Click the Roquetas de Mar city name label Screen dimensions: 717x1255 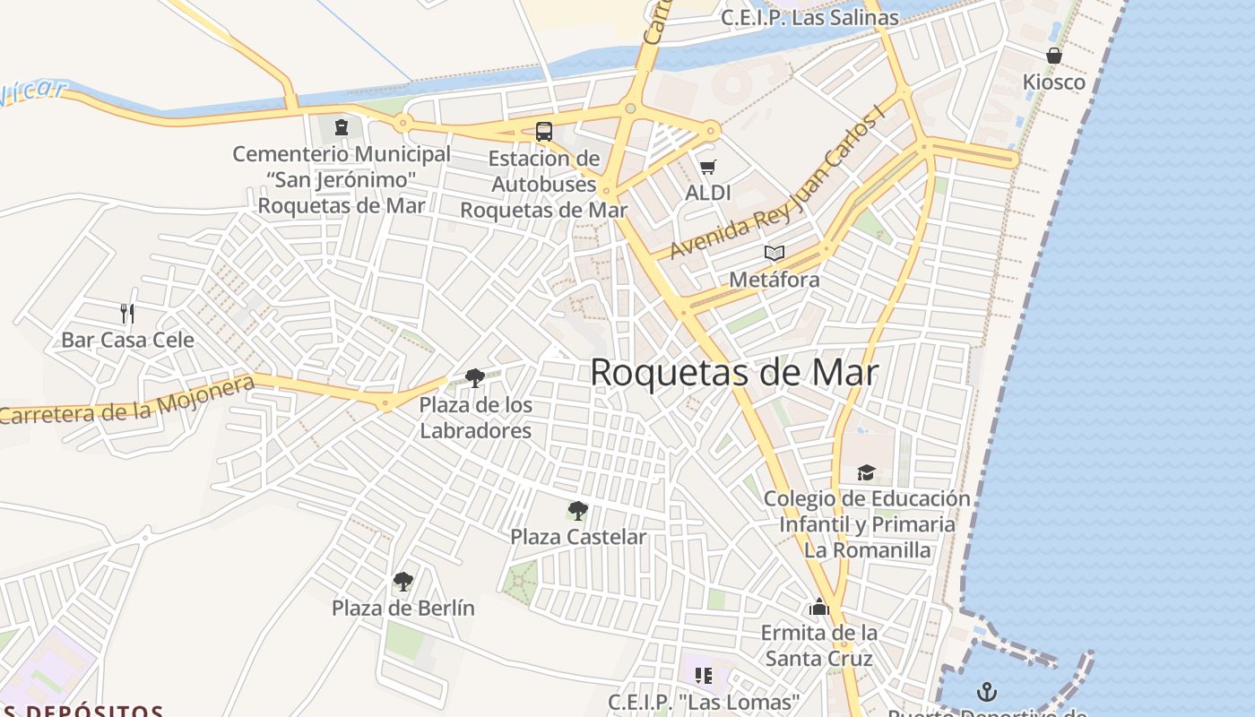click(733, 373)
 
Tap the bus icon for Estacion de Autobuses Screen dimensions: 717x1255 click(543, 132)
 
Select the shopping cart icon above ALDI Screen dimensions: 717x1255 click(708, 167)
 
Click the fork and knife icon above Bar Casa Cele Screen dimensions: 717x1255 click(127, 313)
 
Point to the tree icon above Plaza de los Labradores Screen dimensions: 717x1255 click(475, 378)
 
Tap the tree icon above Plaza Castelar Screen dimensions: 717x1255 click(578, 511)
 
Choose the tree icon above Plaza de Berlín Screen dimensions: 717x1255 click(403, 582)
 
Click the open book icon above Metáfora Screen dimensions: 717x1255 click(775, 254)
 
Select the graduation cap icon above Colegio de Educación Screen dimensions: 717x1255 click(866, 472)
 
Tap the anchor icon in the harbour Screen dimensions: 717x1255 click(986, 692)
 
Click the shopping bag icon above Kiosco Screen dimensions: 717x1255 click(1054, 56)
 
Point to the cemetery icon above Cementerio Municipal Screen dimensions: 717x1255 click(342, 127)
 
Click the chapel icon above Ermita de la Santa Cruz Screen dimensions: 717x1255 click(818, 607)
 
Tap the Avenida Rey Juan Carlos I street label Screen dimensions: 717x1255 click(776, 186)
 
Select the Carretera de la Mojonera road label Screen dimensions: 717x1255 click(127, 400)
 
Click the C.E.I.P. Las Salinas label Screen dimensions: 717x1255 click(809, 17)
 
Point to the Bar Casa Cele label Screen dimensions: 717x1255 click(127, 340)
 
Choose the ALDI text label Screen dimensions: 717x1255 click(708, 193)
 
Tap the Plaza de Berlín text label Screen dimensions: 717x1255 click(403, 608)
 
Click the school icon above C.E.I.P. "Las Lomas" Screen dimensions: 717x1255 click(704, 675)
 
